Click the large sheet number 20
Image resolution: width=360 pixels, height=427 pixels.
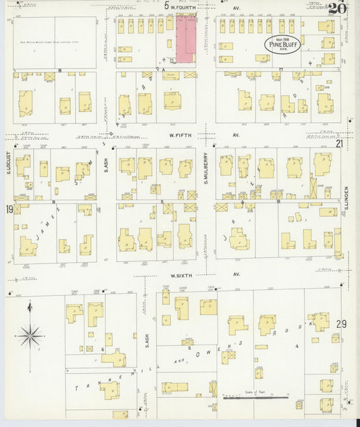click(338, 8)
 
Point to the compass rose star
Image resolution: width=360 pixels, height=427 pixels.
click(30, 333)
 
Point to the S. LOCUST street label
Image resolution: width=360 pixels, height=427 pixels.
click(9, 164)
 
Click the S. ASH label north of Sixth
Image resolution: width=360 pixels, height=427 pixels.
click(106, 164)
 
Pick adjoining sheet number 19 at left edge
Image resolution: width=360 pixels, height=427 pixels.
click(9, 209)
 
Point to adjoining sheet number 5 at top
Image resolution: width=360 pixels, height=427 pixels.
click(166, 5)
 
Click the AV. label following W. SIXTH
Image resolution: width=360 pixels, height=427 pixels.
click(236, 275)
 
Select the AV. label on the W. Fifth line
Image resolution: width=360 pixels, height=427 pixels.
click(236, 135)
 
